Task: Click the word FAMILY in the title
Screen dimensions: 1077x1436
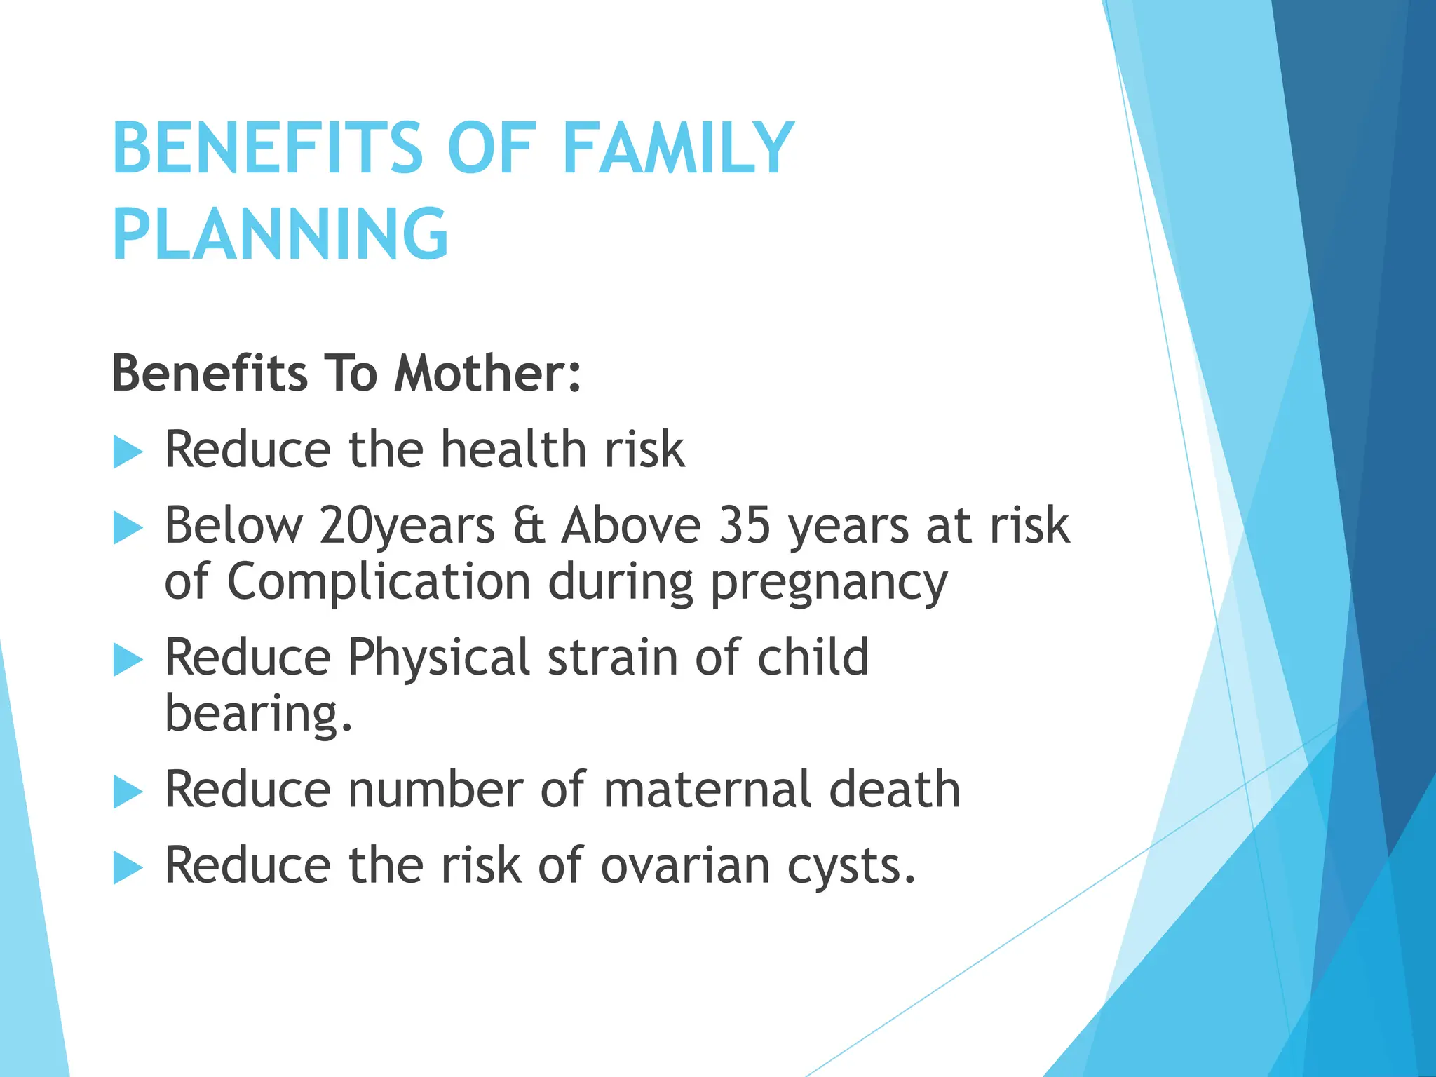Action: click(x=677, y=148)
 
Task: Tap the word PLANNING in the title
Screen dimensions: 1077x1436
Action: click(x=280, y=234)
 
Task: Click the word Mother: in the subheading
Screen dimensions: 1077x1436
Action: click(x=487, y=373)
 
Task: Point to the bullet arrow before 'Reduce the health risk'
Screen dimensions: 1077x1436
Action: click(x=128, y=452)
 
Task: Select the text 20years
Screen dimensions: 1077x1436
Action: click(x=407, y=526)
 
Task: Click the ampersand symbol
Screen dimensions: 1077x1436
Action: click(x=529, y=526)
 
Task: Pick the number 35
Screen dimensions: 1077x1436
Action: click(x=744, y=525)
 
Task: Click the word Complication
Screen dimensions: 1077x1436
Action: click(x=379, y=582)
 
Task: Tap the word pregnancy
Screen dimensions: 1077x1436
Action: click(x=829, y=583)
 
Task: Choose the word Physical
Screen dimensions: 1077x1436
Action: click(x=438, y=658)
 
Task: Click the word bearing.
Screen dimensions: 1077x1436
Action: click(x=257, y=714)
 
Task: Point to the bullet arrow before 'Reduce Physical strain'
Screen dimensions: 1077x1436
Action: click(x=128, y=660)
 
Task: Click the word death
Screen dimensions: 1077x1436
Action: click(x=895, y=790)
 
